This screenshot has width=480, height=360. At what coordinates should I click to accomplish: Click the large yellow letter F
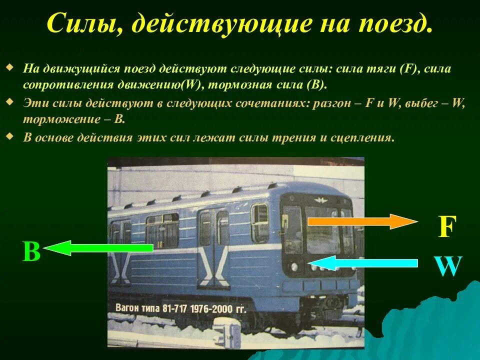tap(446, 227)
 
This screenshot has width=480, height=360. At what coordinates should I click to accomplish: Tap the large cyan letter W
tap(447, 267)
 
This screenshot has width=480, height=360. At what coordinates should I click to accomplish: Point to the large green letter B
tap(31, 252)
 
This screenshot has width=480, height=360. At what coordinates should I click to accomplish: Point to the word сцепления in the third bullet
tap(362, 138)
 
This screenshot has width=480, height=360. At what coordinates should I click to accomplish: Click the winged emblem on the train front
tap(318, 200)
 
